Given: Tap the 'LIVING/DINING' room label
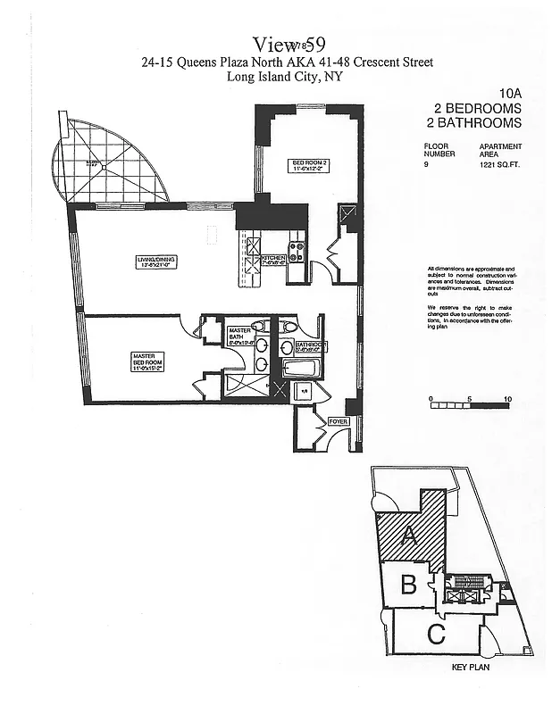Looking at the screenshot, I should point(156,261).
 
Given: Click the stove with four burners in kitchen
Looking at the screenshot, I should point(296,252).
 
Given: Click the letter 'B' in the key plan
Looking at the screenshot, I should point(408,585).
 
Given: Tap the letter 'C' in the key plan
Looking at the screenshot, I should point(436,635).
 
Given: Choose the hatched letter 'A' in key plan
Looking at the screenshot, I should point(410,535).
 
